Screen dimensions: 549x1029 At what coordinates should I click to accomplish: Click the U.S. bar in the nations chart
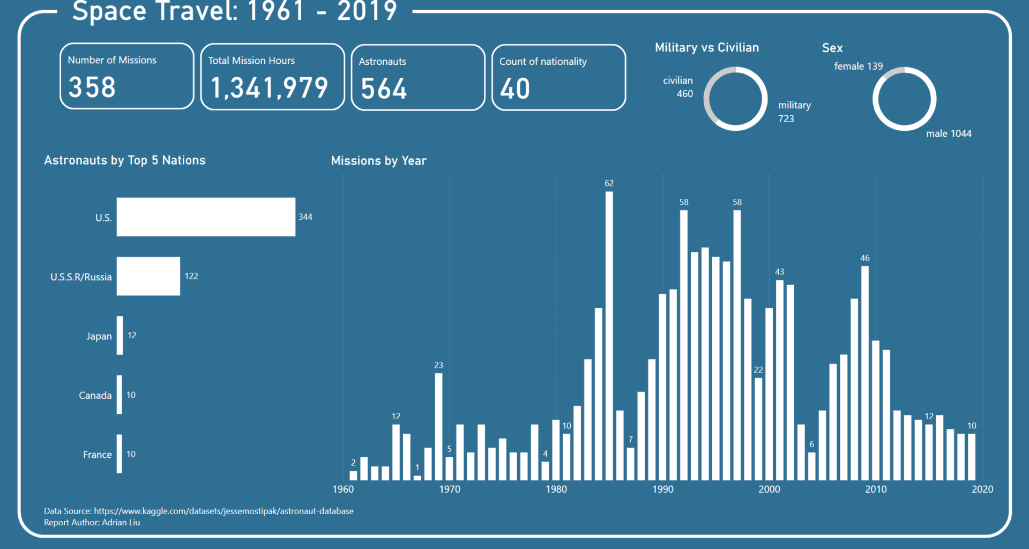click(x=206, y=217)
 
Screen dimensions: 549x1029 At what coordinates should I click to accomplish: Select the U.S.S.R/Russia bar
click(x=148, y=276)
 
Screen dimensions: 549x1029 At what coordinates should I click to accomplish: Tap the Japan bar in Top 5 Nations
click(x=120, y=336)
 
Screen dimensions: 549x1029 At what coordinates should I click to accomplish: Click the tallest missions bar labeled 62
click(x=609, y=336)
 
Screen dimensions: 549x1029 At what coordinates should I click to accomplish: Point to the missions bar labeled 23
click(x=438, y=426)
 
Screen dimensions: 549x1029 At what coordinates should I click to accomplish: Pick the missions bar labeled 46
click(x=864, y=373)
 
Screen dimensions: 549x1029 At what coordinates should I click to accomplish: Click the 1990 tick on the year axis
click(x=662, y=489)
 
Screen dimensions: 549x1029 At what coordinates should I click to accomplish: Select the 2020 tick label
click(x=982, y=489)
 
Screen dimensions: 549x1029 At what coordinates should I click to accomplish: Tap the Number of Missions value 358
click(x=92, y=87)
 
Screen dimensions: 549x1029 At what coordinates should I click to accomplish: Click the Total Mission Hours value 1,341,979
click(x=269, y=88)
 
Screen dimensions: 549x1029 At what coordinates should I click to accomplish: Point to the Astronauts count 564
click(x=384, y=88)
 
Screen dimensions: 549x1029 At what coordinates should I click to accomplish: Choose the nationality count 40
click(x=515, y=88)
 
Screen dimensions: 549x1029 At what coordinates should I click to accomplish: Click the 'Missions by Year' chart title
click(x=378, y=161)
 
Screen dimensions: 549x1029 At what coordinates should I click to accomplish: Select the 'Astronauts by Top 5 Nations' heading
click(x=125, y=160)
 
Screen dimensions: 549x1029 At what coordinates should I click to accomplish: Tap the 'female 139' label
click(x=858, y=66)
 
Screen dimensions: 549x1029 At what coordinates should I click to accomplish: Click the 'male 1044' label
click(x=949, y=133)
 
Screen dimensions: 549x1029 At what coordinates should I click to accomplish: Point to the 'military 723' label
click(x=794, y=112)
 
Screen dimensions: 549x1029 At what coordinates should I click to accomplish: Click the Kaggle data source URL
click(x=223, y=511)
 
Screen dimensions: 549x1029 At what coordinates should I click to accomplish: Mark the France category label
click(x=97, y=455)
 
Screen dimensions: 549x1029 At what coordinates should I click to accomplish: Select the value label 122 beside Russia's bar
click(x=191, y=276)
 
